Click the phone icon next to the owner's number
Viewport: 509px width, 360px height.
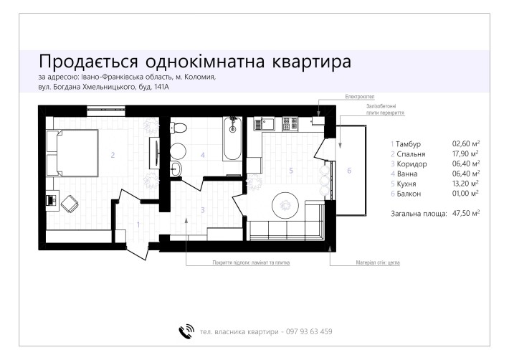[186, 331]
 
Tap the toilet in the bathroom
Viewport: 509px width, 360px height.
[179, 128]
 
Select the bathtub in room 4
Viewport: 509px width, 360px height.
[232, 139]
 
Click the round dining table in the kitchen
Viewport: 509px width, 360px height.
[285, 205]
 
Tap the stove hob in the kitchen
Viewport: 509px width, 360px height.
[290, 123]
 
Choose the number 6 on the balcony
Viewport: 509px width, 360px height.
[349, 171]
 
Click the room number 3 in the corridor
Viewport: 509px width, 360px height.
[203, 210]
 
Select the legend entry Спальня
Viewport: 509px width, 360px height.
[411, 154]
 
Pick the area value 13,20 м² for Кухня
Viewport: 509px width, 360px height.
[466, 184]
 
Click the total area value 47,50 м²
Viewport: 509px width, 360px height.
[466, 213]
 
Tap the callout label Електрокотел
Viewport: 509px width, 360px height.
[360, 97]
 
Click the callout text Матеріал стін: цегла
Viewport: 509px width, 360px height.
[378, 262]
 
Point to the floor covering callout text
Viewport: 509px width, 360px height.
[251, 262]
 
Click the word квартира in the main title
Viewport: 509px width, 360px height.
[311, 62]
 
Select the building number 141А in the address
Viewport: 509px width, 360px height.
[161, 87]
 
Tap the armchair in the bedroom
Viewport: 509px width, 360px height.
[70, 204]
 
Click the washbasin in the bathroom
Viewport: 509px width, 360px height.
[176, 169]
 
